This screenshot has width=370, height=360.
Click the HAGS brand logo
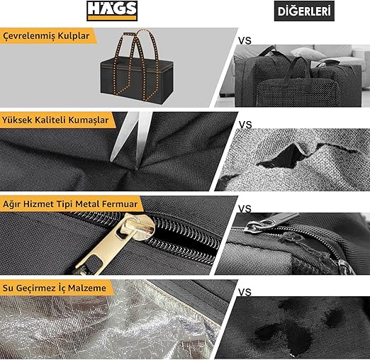point(112,11)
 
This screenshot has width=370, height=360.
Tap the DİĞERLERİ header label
point(304,11)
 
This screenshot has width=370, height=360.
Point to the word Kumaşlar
point(89,120)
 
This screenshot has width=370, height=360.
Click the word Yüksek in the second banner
point(17,120)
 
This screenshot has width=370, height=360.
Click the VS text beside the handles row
point(245,41)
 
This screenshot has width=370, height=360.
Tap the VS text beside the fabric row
point(245,125)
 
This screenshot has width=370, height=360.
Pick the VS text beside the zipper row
point(245,209)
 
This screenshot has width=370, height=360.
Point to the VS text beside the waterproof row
point(245,293)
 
